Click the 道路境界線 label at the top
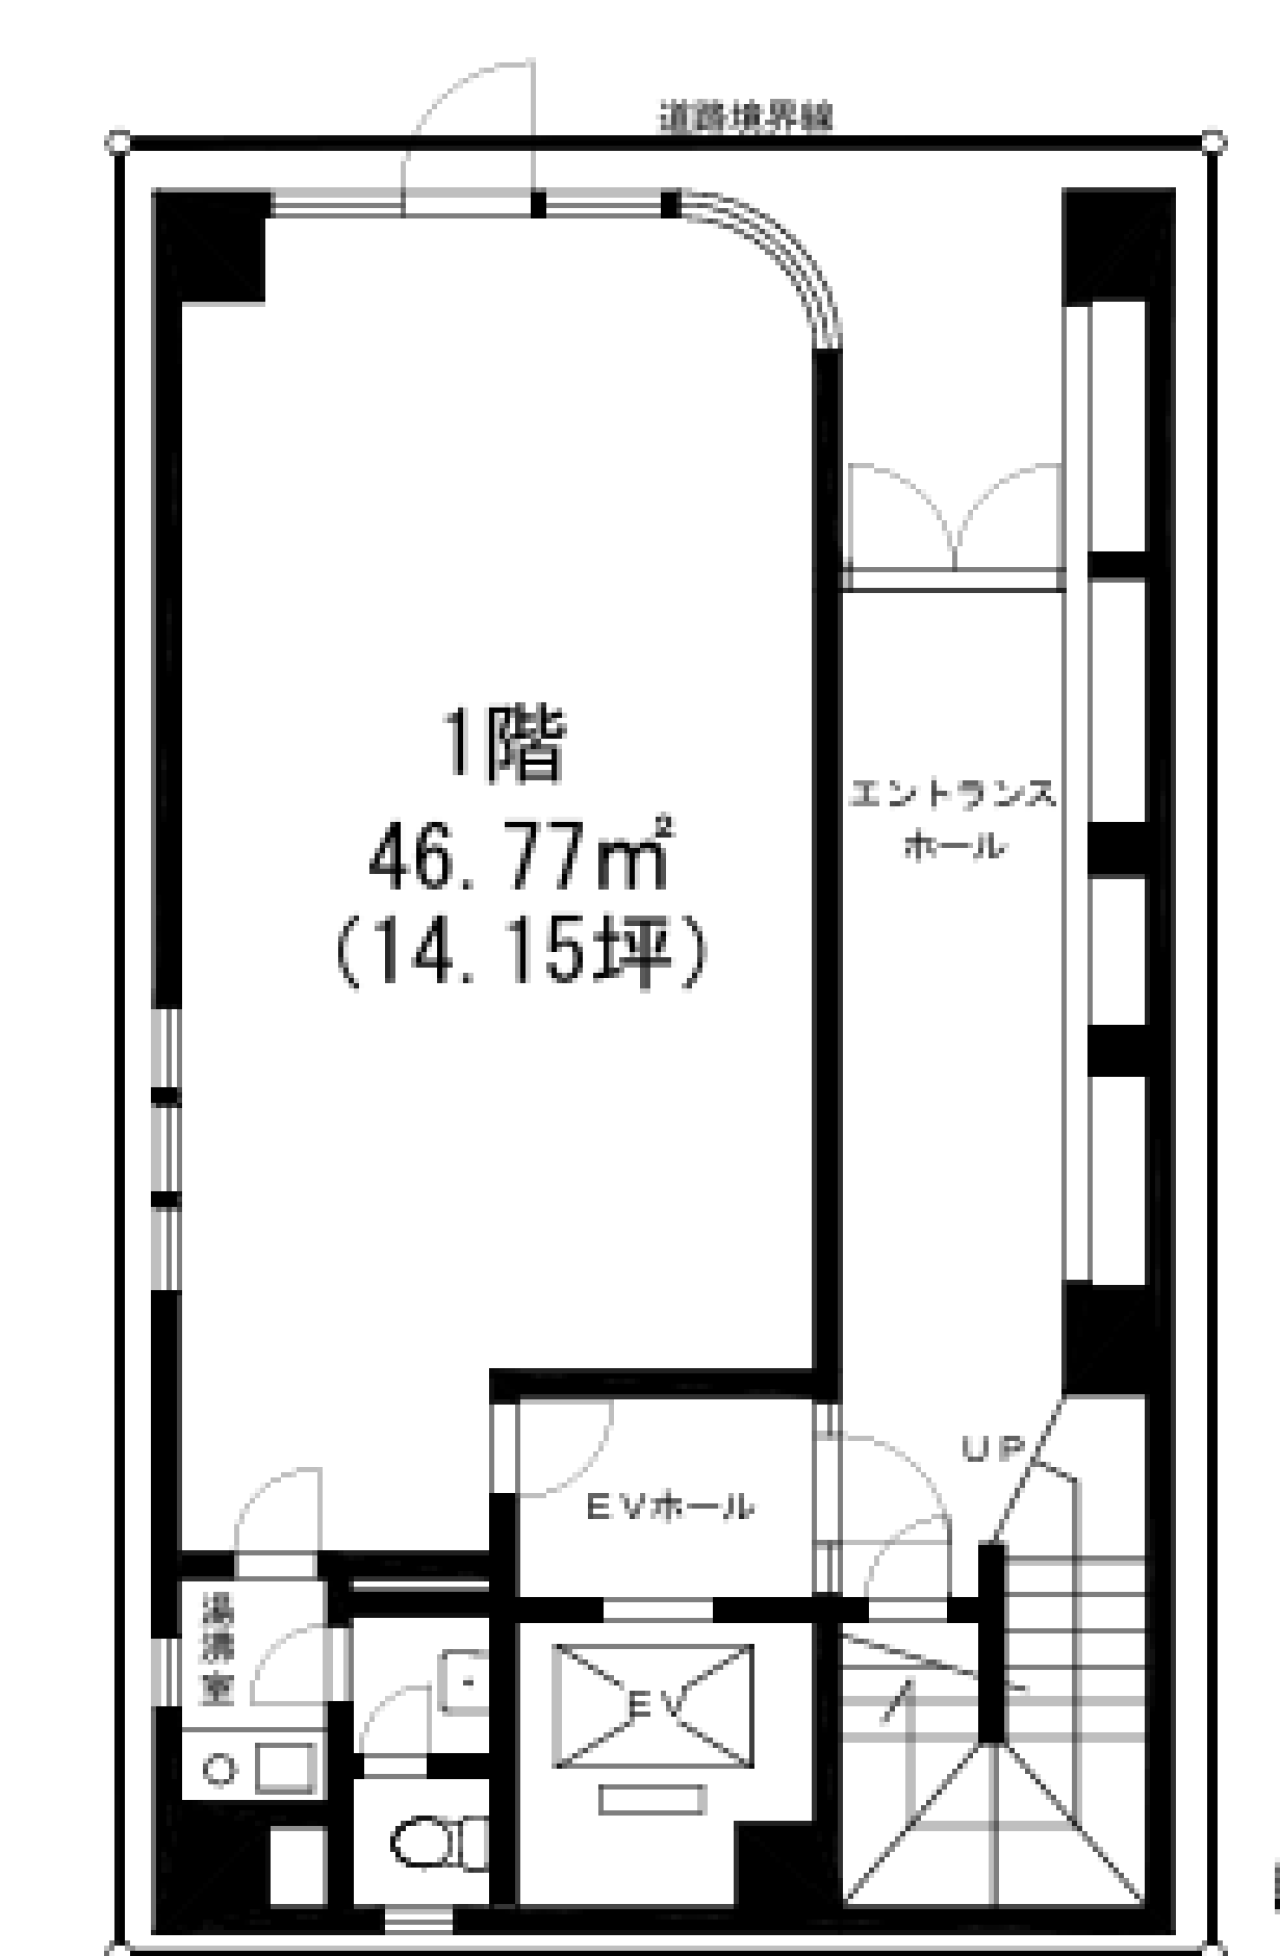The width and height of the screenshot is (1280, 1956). (745, 118)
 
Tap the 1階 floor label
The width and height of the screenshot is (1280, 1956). (505, 745)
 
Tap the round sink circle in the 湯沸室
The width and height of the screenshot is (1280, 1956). (219, 1769)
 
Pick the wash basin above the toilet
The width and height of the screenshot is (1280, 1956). (463, 1681)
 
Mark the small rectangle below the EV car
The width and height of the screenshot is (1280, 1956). (652, 1801)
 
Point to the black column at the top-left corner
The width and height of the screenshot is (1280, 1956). (211, 245)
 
